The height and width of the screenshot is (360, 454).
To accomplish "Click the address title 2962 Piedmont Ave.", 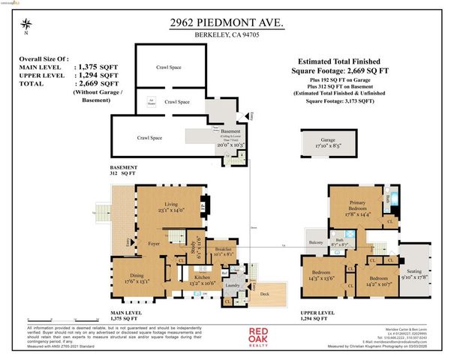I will coord(227,24).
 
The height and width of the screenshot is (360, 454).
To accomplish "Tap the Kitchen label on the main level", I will coord(185,279).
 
